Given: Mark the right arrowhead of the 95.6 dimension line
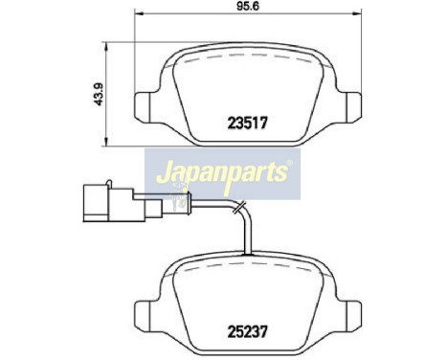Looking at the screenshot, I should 358,15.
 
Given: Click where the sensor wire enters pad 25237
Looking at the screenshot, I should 250,253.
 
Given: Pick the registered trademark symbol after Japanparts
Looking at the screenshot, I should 290,164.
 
